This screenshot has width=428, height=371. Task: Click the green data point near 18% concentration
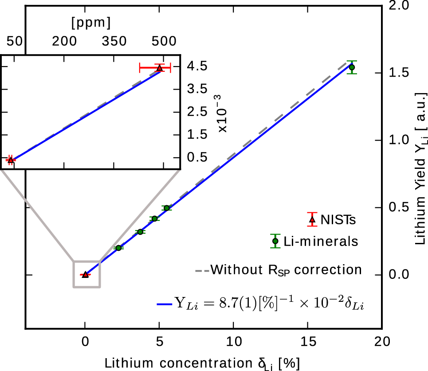[352, 67]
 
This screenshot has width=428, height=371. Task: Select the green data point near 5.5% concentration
[166, 208]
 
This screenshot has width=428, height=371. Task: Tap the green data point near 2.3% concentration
[118, 248]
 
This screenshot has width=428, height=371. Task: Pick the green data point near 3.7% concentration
[140, 232]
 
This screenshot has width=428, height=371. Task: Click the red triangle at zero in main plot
[85, 275]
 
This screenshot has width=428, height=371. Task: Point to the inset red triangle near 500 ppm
[159, 68]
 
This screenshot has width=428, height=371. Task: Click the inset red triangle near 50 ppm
[11, 160]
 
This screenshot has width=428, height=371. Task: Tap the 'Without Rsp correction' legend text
[286, 269]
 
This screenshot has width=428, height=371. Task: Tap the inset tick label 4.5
[196, 66]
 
